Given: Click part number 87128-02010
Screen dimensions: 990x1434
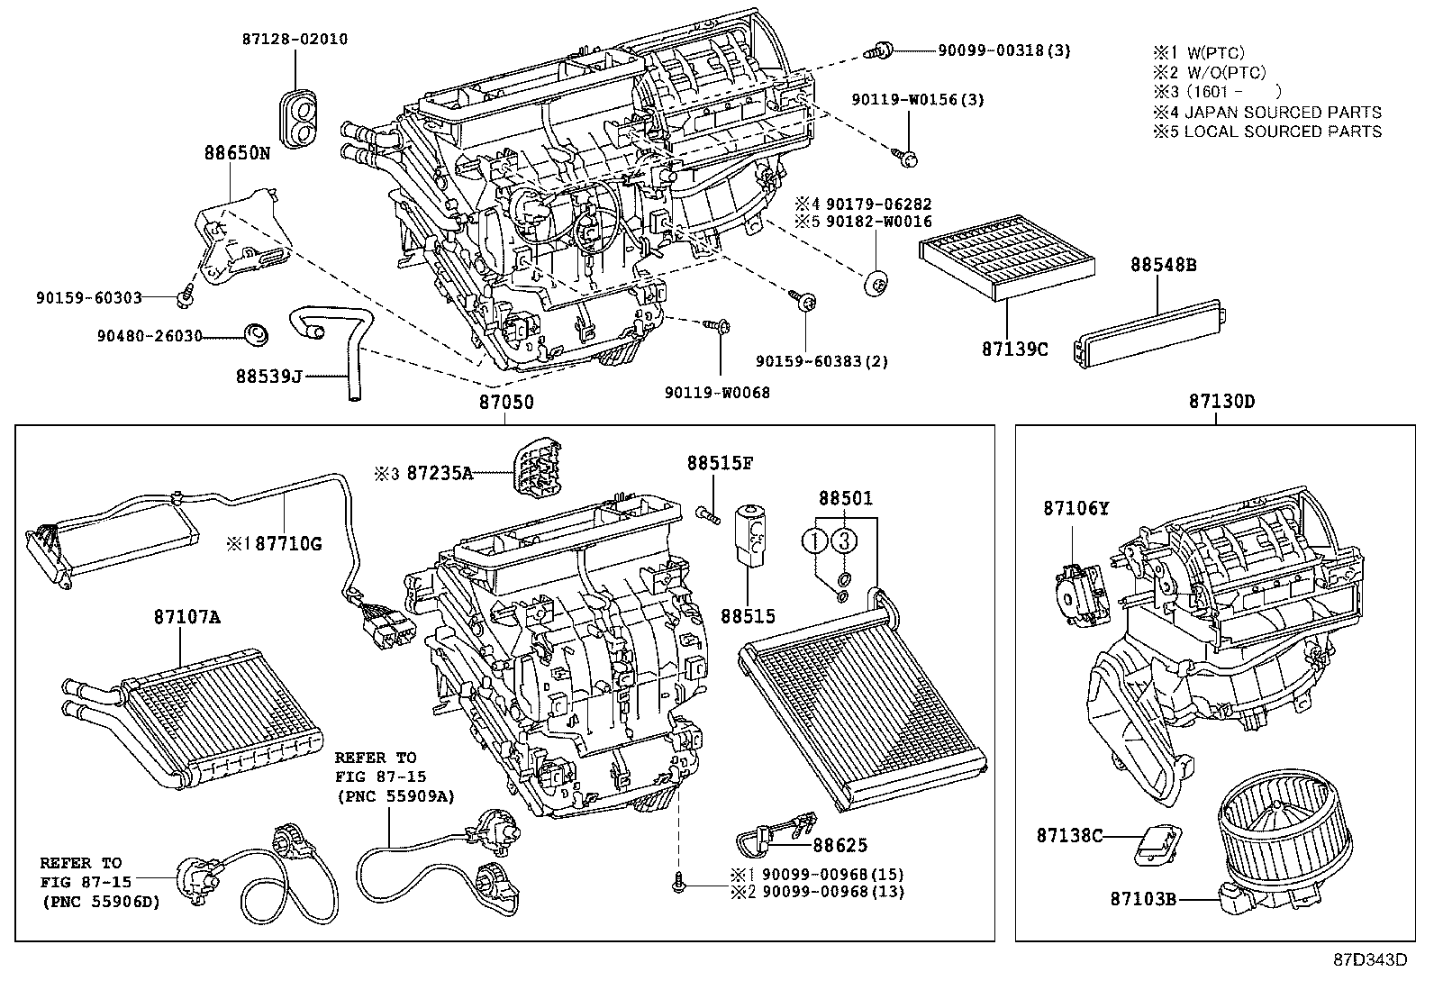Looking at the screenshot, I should (294, 40).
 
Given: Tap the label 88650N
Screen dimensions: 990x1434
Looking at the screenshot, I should (235, 154).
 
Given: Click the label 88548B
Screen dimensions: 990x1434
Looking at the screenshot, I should (1164, 265).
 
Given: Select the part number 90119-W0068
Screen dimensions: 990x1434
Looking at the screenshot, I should (717, 392).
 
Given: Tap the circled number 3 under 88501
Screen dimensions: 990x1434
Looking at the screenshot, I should (842, 541).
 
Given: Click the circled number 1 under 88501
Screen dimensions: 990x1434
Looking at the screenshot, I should (814, 541).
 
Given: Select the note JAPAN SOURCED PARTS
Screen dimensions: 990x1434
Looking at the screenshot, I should (1282, 112).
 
